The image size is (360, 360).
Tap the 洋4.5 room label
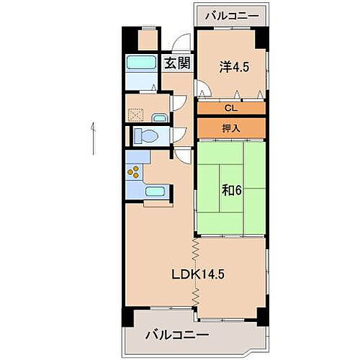click(x=233, y=66)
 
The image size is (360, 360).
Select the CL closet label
click(x=230, y=109)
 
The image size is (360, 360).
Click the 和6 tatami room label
click(x=230, y=191)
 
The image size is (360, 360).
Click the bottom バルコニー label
click(x=177, y=335)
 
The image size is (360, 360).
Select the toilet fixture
click(x=146, y=135)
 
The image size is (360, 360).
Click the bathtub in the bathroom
click(x=141, y=63)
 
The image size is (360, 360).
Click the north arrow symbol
click(x=93, y=138)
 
